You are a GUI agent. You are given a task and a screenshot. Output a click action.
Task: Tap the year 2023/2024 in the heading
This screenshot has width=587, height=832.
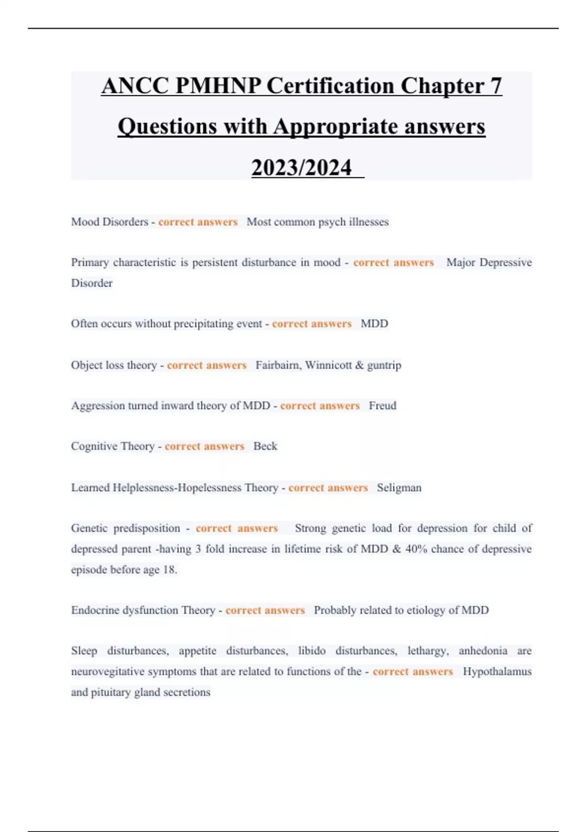click(x=301, y=168)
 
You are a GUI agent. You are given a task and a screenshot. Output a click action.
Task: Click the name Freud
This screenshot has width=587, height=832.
click(x=383, y=406)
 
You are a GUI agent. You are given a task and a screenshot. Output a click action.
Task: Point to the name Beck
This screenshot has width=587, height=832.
click(x=265, y=446)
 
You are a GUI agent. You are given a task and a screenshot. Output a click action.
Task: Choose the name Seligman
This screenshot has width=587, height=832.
click(x=399, y=488)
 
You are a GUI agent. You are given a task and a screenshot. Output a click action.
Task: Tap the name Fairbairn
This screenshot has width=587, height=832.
click(x=277, y=365)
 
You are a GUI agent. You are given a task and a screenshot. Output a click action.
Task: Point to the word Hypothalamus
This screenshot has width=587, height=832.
click(x=497, y=671)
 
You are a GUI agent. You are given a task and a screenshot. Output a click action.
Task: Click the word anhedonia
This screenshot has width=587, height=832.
click(x=483, y=651)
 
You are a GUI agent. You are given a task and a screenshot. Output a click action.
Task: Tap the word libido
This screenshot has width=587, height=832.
click(x=312, y=651)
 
